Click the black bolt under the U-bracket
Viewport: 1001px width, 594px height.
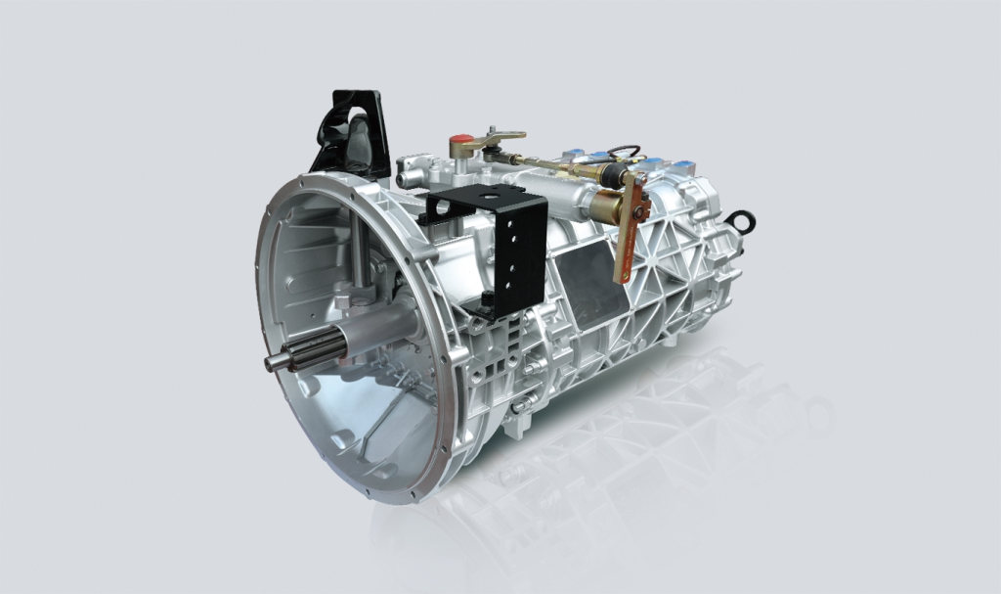485,298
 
